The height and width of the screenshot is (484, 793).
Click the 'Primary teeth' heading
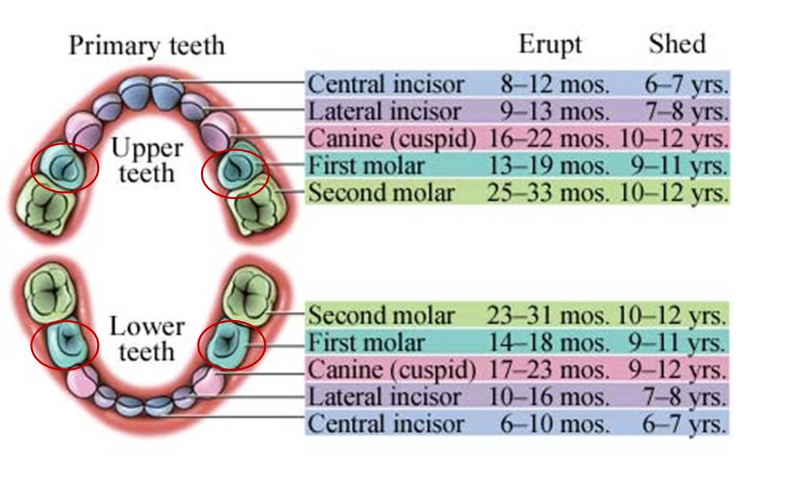pyautogui.click(x=147, y=46)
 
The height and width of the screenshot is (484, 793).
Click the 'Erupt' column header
pyautogui.click(x=550, y=44)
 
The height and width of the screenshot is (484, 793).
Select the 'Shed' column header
pyautogui.click(x=677, y=44)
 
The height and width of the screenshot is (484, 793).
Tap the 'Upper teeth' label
pyautogui.click(x=146, y=160)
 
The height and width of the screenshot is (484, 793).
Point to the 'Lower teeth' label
pyautogui.click(x=146, y=339)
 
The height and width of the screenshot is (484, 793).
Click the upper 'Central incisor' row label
pyautogui.click(x=386, y=85)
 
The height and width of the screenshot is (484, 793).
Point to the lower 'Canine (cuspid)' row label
pyautogui.click(x=392, y=370)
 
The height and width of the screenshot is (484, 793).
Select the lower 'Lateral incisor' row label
pyautogui.click(x=384, y=397)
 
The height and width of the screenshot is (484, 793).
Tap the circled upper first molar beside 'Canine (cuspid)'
pyautogui.click(x=235, y=168)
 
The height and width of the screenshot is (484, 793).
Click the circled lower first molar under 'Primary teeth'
pyautogui.click(x=65, y=341)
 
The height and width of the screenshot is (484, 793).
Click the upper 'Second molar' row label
pyautogui.click(x=381, y=193)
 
